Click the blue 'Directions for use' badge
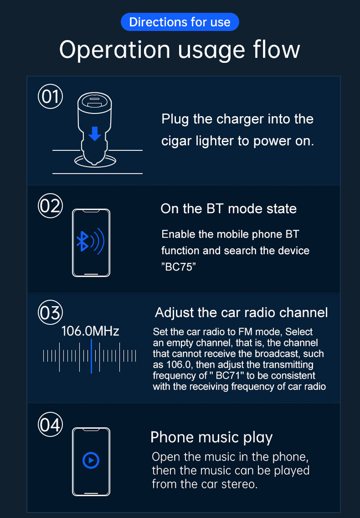point(180,22)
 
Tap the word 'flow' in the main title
point(277,49)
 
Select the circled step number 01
point(50,96)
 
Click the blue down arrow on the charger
point(95,134)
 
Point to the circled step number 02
point(50,206)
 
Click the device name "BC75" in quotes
point(179,266)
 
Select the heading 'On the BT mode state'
point(229,209)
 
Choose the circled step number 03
point(50,312)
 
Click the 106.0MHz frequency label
point(90,331)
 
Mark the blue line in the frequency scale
point(91,356)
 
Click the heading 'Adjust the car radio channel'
point(242,312)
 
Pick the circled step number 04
point(50,424)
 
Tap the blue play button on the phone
point(91,460)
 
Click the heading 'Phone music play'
point(211,437)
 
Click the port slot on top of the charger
point(94,101)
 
